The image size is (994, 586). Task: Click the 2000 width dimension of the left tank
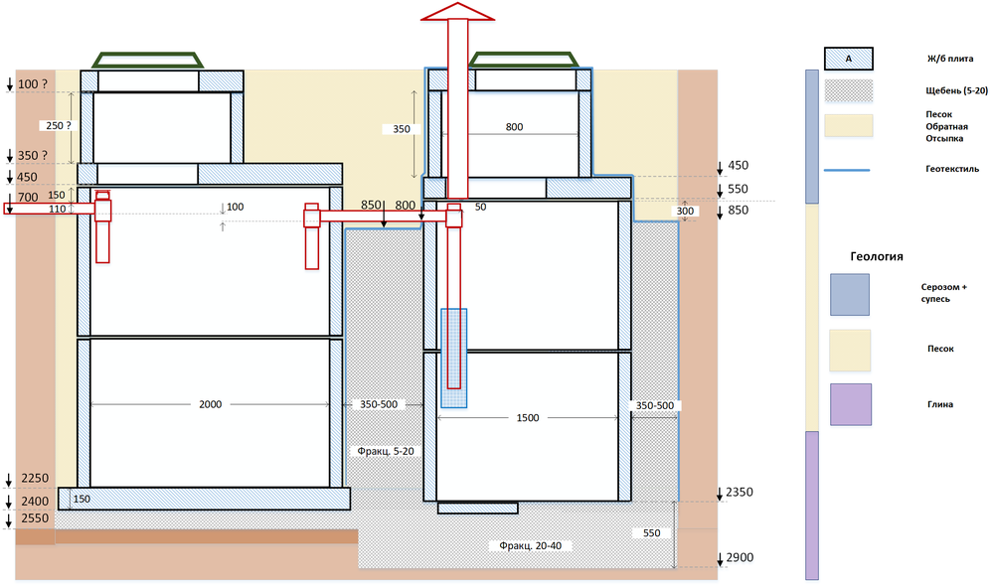[x=210, y=405]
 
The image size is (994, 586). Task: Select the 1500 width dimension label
[x=527, y=418]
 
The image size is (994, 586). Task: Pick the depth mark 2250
[x=34, y=478]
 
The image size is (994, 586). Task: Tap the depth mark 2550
[x=34, y=518]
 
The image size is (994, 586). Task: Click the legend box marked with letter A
[x=848, y=59]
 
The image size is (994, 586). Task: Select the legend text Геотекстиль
[x=939, y=170]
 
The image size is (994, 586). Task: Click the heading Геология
[x=876, y=256]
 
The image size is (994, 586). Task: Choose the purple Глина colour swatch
[x=851, y=404]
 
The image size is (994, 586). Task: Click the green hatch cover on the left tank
[x=148, y=60]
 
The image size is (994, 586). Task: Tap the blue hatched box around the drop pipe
[x=453, y=359]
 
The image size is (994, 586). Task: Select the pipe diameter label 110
[x=56, y=210]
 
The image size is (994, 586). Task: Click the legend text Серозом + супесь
[x=942, y=293]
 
